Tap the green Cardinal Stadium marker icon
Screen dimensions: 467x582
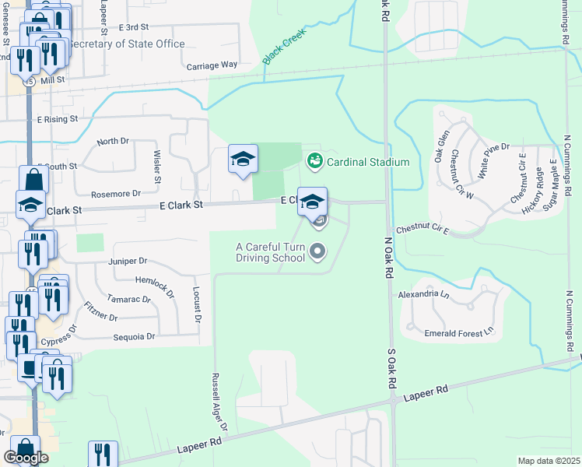[x=315, y=161]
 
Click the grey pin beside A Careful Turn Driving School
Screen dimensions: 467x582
[x=317, y=251]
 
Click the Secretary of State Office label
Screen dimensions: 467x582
[x=127, y=44]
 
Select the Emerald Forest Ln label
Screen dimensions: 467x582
[x=459, y=332]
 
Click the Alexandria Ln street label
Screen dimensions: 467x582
[x=423, y=296]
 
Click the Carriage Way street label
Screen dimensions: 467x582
[x=212, y=65]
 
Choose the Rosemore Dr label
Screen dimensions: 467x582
[x=116, y=193]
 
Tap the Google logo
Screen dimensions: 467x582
[x=26, y=458]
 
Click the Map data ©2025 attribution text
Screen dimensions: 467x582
[x=549, y=461]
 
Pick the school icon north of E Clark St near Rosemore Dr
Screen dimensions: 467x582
[x=243, y=160]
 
